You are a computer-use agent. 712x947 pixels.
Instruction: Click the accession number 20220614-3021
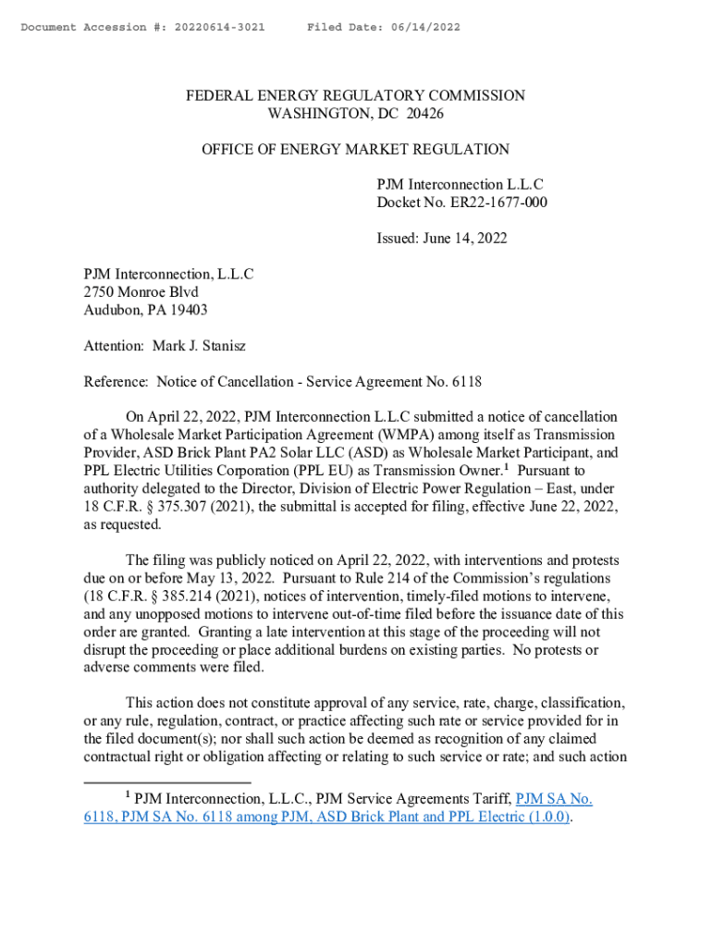point(211,28)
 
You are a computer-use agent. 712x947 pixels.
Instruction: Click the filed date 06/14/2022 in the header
point(422,28)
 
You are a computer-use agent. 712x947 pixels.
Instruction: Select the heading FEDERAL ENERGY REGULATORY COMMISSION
point(356,96)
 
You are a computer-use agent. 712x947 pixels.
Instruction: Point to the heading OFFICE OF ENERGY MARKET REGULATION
point(355,149)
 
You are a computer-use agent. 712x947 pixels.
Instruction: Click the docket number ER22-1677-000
point(495,203)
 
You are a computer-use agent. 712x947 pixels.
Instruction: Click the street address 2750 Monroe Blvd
point(141,292)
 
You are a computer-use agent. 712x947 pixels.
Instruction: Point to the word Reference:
point(117,381)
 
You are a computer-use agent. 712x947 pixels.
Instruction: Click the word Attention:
point(114,346)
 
